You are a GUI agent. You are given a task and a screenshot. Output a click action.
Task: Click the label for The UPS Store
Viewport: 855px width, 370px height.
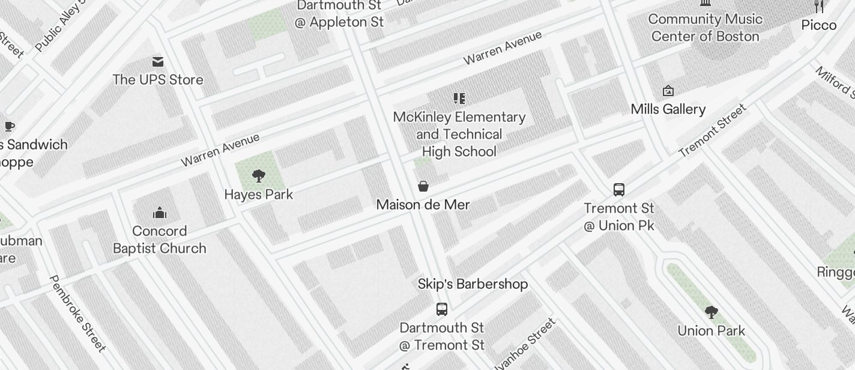158,79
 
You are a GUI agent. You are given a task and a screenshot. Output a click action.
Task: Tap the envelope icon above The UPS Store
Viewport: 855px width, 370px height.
158,61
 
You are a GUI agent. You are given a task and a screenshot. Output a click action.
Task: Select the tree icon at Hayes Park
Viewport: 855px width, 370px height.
259,176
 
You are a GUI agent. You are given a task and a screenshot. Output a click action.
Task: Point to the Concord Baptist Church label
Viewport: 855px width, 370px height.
160,240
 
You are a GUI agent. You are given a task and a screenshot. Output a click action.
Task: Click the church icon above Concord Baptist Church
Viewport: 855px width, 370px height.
160,213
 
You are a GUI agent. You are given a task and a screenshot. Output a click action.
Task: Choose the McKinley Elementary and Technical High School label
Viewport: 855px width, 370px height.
459,134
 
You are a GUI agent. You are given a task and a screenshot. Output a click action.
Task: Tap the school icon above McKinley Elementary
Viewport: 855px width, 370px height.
459,99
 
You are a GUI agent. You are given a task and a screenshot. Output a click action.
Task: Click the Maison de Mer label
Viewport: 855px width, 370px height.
423,205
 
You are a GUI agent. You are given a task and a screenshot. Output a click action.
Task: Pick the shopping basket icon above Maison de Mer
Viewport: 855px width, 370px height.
423,186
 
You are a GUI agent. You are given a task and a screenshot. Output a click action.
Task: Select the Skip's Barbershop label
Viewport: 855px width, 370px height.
473,284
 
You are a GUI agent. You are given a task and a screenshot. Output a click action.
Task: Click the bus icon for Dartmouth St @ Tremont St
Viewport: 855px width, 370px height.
442,309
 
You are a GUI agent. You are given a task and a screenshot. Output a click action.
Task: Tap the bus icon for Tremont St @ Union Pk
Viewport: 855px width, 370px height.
619,190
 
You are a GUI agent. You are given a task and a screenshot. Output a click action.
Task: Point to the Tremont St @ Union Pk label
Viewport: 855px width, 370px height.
619,217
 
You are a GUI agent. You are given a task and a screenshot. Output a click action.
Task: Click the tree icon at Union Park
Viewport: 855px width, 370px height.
711,312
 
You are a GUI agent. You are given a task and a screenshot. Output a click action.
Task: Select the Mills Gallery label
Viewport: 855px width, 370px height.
668,109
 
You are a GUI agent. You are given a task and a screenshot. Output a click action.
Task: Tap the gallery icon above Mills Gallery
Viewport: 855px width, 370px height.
668,91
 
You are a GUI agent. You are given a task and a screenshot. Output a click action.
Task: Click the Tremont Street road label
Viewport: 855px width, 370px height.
713,130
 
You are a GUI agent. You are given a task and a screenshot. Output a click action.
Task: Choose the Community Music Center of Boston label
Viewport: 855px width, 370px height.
705,28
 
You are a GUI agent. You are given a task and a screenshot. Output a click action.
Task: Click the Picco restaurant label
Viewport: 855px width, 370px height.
819,25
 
